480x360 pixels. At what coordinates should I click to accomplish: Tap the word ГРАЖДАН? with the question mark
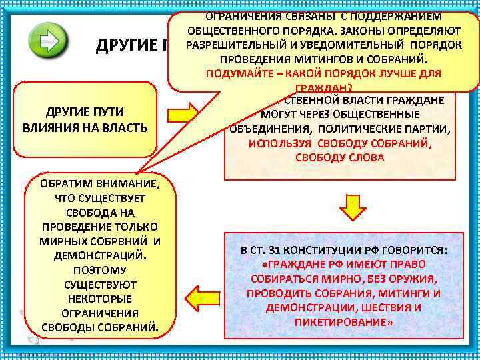[323, 88]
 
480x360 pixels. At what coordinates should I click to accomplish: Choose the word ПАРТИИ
[427, 129]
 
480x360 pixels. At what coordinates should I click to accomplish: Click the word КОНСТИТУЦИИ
[325, 251]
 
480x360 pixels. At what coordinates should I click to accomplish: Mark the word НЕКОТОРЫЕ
[99, 299]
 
